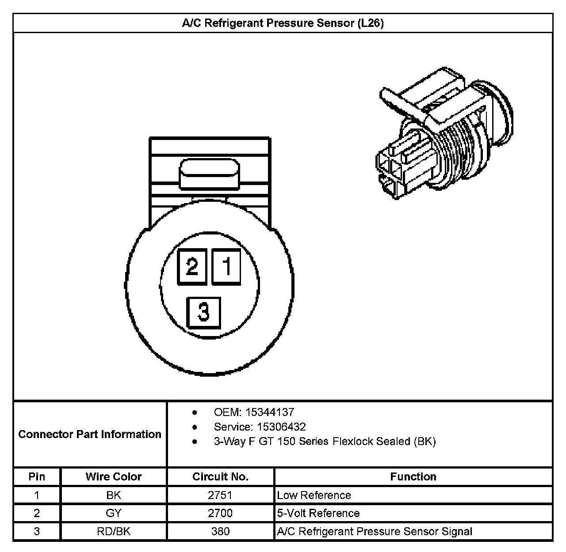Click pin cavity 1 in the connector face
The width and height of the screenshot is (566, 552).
(227, 266)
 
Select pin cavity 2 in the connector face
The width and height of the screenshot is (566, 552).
(192, 266)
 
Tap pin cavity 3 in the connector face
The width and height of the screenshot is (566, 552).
(203, 312)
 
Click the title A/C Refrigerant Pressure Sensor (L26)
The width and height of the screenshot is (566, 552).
(283, 23)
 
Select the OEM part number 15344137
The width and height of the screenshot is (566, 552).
(270, 412)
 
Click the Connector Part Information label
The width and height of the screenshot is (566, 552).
(90, 434)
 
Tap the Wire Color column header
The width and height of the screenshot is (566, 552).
(114, 477)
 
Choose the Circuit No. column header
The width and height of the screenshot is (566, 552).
(220, 477)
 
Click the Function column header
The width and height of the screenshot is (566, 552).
(413, 477)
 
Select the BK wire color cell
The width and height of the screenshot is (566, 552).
(114, 495)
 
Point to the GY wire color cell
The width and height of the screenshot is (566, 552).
(114, 513)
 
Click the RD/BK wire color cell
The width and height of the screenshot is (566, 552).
(114, 531)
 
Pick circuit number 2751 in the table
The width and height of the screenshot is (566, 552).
(220, 495)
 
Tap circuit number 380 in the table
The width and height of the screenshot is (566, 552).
(220, 531)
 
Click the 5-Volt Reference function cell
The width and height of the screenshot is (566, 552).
(318, 513)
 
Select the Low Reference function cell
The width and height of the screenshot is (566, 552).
(314, 495)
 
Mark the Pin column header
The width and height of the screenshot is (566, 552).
(37, 477)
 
